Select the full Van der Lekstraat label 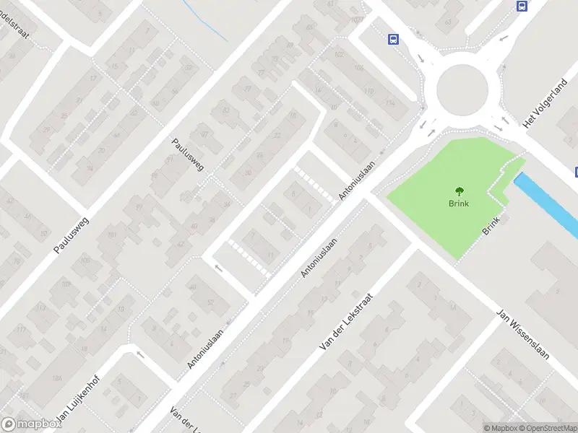click(x=346, y=323)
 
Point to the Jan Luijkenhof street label click(x=76, y=401)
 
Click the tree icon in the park click(x=459, y=191)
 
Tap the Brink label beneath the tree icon click(x=459, y=204)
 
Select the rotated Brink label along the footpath click(x=491, y=226)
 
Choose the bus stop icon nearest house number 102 click(x=394, y=39)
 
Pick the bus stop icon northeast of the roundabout click(x=522, y=6)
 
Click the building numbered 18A click(x=56, y=377)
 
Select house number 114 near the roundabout click(x=391, y=103)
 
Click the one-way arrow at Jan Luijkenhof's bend click(x=140, y=354)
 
